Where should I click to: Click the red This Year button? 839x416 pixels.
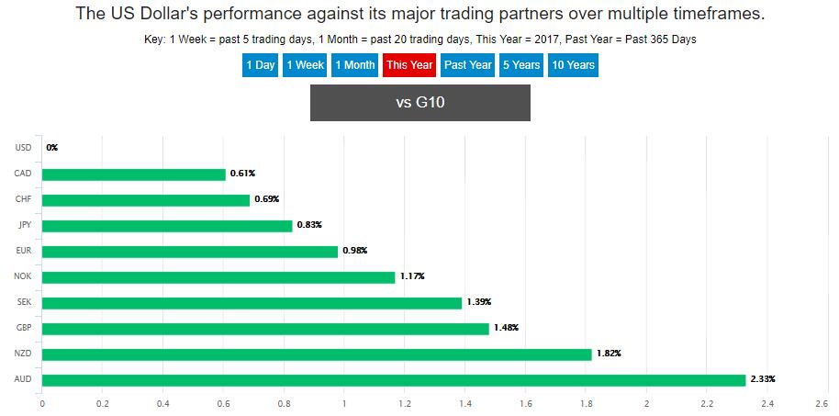pos(408,65)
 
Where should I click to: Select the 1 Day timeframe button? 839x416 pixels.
pos(260,65)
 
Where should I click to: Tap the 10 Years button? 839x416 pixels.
pos(573,65)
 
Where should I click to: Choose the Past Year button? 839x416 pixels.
pos(467,65)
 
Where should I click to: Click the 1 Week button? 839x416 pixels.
pos(305,65)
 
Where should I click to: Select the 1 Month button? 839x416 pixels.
pos(354,65)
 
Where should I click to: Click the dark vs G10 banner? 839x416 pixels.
pos(419,102)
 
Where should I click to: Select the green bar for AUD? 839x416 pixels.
pos(394,380)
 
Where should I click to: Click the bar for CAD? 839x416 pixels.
pos(133,174)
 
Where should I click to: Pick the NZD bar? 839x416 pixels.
pos(317,354)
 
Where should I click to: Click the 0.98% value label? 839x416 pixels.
pos(355,251)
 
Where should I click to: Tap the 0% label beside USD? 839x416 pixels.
pos(51,148)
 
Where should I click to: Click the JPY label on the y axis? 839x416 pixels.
pos(25,225)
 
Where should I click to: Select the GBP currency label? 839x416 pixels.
pos(25,328)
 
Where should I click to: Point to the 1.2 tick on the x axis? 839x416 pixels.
pos(405,402)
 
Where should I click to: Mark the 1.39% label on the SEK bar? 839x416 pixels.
pos(479,302)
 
